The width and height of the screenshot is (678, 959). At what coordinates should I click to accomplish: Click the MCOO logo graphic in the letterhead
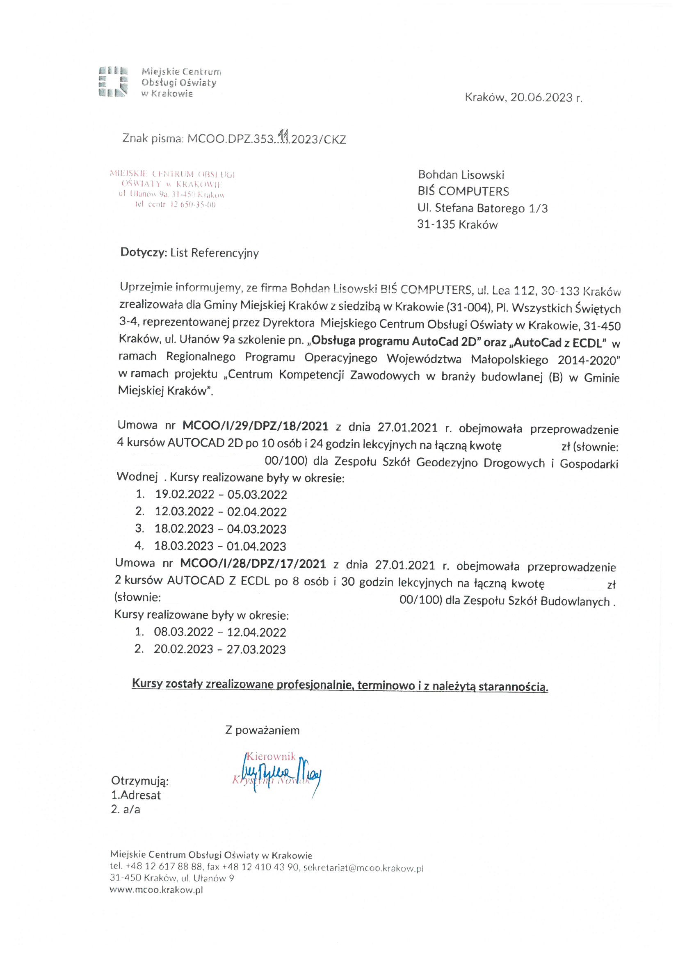coord(113,82)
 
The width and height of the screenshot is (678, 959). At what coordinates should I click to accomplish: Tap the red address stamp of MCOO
coord(172,189)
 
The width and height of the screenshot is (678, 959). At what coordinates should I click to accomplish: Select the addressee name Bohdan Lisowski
coord(461,175)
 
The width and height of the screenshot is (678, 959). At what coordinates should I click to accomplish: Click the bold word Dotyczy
coord(144,253)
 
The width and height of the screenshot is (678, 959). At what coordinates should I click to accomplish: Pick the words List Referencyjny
coord(214,253)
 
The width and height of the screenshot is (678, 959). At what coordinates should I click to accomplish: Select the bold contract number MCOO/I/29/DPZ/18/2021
coord(255,426)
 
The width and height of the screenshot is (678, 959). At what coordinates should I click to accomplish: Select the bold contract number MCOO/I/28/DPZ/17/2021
coord(253,564)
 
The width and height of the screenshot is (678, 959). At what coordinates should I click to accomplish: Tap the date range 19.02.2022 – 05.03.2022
coord(221,495)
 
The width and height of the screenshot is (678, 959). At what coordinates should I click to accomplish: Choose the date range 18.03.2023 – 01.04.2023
coord(220,546)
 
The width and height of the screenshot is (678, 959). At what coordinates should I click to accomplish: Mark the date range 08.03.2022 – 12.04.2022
coord(220,632)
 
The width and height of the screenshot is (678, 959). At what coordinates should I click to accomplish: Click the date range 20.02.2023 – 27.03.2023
coord(220,649)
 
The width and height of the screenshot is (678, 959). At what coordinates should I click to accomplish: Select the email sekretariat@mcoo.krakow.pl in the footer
coord(363,868)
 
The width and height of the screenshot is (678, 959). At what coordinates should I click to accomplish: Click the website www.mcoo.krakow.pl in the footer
coord(156,890)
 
